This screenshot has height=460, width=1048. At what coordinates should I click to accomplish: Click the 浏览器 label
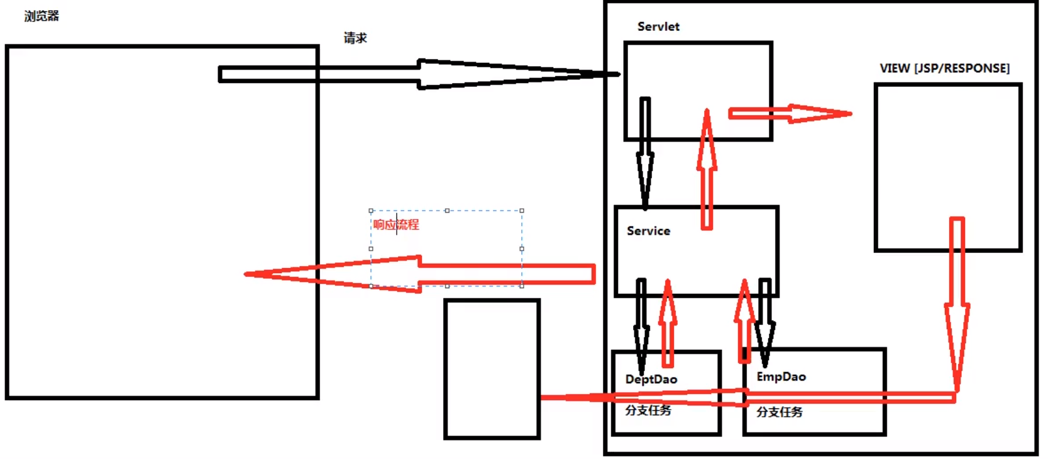pyautogui.click(x=41, y=16)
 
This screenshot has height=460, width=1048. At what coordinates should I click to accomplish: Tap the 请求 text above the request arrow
pyautogui.click(x=355, y=38)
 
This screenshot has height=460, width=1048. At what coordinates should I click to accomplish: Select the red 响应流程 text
pyautogui.click(x=396, y=225)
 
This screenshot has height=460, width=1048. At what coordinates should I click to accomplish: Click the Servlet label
pyautogui.click(x=658, y=27)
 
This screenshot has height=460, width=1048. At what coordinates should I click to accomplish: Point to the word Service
pyautogui.click(x=648, y=231)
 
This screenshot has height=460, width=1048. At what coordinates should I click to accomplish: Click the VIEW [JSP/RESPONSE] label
pyautogui.click(x=944, y=69)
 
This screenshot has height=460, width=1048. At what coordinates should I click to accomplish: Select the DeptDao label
pyautogui.click(x=651, y=379)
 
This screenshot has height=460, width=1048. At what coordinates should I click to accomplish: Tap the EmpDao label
pyautogui.click(x=781, y=377)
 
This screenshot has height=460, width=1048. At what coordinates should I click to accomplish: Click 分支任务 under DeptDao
pyautogui.click(x=648, y=410)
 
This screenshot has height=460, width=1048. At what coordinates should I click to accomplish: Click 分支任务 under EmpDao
pyautogui.click(x=780, y=412)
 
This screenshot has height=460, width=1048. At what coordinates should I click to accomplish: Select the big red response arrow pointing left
pyautogui.click(x=440, y=274)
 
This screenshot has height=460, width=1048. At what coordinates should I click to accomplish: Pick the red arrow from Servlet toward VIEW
pyautogui.click(x=789, y=114)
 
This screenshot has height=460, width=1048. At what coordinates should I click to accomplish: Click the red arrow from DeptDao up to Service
pyautogui.click(x=668, y=324)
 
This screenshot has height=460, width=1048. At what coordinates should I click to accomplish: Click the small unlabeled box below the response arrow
pyautogui.click(x=492, y=369)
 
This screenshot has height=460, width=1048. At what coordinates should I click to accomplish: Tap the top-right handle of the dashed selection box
pyautogui.click(x=522, y=211)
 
